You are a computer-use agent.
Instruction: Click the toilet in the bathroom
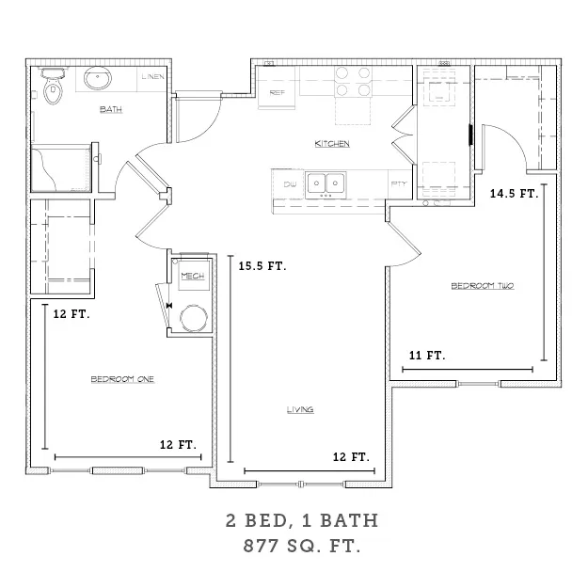point(54,86)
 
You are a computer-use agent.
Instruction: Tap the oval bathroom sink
point(98,78)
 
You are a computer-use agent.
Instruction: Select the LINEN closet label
point(153,77)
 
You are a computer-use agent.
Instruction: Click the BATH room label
point(111,109)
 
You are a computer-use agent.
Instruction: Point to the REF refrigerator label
point(278,92)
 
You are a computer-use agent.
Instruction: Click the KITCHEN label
point(332,144)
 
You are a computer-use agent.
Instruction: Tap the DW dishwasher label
point(290,184)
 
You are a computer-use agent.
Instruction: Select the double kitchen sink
point(326,184)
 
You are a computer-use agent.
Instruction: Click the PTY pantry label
point(399,183)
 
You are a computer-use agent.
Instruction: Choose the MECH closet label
point(193,276)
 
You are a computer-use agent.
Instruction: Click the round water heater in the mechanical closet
point(194,318)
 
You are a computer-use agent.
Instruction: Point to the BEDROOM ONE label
point(122,379)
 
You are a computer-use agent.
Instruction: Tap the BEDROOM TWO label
point(483,286)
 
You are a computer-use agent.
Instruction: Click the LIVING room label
point(300,410)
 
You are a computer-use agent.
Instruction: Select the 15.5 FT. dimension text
point(262,266)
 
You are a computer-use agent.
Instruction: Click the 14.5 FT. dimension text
point(514,194)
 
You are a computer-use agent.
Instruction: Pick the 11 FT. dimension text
point(427,355)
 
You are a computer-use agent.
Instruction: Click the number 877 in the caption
point(262,546)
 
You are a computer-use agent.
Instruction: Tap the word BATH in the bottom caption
point(349,520)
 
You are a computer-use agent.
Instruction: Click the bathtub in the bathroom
point(61,168)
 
